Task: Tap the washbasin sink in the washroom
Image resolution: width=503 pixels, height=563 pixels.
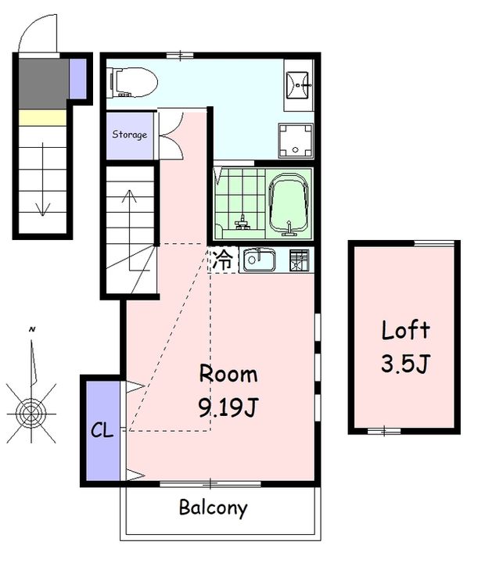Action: pyautogui.click(x=298, y=85)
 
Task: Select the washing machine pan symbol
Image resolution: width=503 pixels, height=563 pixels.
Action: pyautogui.click(x=296, y=141)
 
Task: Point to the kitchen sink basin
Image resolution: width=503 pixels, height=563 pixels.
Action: pyautogui.click(x=260, y=260)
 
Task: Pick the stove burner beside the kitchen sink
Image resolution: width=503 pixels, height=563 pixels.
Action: pyautogui.click(x=300, y=260)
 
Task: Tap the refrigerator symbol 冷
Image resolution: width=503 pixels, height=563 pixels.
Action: pyautogui.click(x=222, y=260)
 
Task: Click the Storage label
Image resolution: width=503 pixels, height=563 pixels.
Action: pyautogui.click(x=129, y=134)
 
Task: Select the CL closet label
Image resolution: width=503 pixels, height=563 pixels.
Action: pyautogui.click(x=102, y=430)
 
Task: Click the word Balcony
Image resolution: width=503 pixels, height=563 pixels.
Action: pyautogui.click(x=213, y=508)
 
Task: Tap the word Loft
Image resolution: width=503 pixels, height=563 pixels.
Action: pyautogui.click(x=406, y=330)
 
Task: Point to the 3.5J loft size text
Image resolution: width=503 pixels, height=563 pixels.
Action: pyautogui.click(x=405, y=364)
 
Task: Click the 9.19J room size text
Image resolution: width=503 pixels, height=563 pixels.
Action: pyautogui.click(x=228, y=408)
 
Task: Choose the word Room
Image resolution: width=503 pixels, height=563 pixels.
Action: pyautogui.click(x=228, y=374)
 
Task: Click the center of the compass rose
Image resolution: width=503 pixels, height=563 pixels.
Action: pyautogui.click(x=31, y=414)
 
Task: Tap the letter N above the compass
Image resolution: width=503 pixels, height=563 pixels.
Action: pyautogui.click(x=32, y=329)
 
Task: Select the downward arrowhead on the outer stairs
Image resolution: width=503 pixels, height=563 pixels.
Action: pyautogui.click(x=43, y=210)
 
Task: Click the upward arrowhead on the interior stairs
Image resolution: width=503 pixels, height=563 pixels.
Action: pyautogui.click(x=129, y=195)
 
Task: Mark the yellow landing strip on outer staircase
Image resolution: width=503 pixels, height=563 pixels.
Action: pyautogui.click(x=42, y=117)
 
